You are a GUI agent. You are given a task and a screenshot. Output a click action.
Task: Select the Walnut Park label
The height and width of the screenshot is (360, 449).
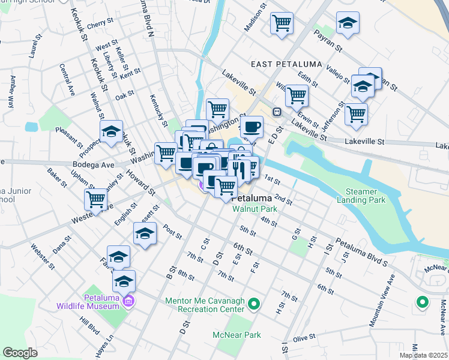pyautogui.click(x=251, y=209)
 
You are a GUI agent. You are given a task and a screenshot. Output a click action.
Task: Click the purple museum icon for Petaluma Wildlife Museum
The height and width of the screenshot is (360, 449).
pyautogui.click(x=127, y=300)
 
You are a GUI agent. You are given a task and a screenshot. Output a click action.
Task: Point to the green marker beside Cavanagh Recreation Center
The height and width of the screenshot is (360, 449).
pyautogui.click(x=253, y=304)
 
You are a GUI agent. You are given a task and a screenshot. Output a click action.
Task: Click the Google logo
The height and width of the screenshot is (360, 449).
pyautogui.click(x=20, y=353)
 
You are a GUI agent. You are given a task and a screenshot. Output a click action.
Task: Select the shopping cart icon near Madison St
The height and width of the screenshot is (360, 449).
pyautogui.click(x=282, y=23)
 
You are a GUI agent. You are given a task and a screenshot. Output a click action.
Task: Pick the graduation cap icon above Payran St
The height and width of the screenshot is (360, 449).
pyautogui.click(x=348, y=23)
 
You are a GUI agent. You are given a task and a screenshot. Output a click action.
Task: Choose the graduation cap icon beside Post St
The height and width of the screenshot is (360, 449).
pyautogui.click(x=144, y=233)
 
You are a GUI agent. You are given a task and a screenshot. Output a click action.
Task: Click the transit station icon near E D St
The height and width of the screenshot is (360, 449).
pyautogui.click(x=277, y=112)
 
